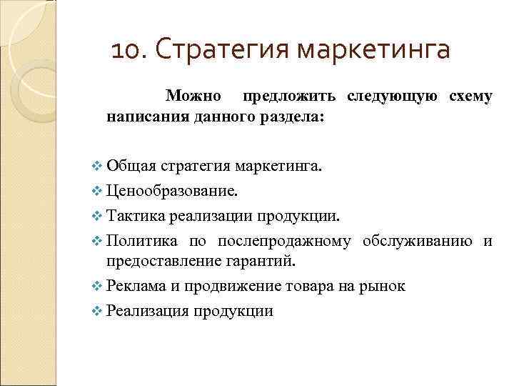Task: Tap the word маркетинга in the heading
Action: [375, 51]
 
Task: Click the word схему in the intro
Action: [470, 96]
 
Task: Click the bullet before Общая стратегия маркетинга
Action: [98, 167]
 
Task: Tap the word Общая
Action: [131, 167]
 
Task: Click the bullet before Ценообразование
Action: [98, 192]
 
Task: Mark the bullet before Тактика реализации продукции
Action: [98, 216]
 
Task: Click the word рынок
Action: [382, 286]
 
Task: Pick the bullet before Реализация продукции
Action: [98, 310]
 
